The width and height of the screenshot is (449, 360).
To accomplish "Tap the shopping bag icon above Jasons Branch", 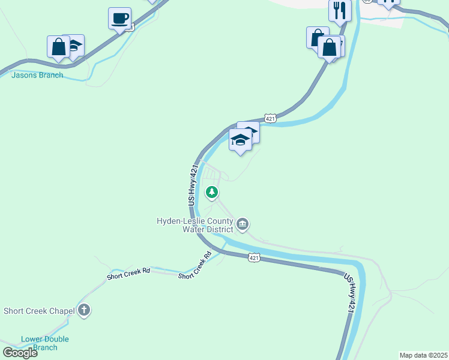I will pyautogui.click(x=59, y=47).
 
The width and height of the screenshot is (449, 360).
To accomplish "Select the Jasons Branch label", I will pyautogui.click(x=37, y=75).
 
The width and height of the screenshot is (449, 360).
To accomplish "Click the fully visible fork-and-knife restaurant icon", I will pyautogui.click(x=340, y=10).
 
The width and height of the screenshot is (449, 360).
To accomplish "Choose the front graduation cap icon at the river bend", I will pyautogui.click(x=240, y=140).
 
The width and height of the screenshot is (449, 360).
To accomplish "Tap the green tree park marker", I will pyautogui.click(x=211, y=193).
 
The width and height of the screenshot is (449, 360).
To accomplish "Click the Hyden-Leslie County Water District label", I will pyautogui.click(x=194, y=225).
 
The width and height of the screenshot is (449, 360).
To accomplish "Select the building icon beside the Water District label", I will pyautogui.click(x=243, y=224).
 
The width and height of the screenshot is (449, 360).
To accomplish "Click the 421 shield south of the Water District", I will pyautogui.click(x=254, y=257).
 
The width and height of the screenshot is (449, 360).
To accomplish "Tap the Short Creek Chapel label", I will pyautogui.click(x=39, y=311).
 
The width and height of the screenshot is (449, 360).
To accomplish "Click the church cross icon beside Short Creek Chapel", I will pyautogui.click(x=84, y=311).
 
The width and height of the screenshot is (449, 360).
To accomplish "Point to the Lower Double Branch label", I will pyautogui.click(x=45, y=343).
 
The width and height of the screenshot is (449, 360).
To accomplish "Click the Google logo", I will pyautogui.click(x=19, y=353).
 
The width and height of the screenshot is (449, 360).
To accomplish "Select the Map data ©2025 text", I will pyautogui.click(x=423, y=355).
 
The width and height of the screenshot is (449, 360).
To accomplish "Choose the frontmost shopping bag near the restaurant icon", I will pyautogui.click(x=329, y=47).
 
